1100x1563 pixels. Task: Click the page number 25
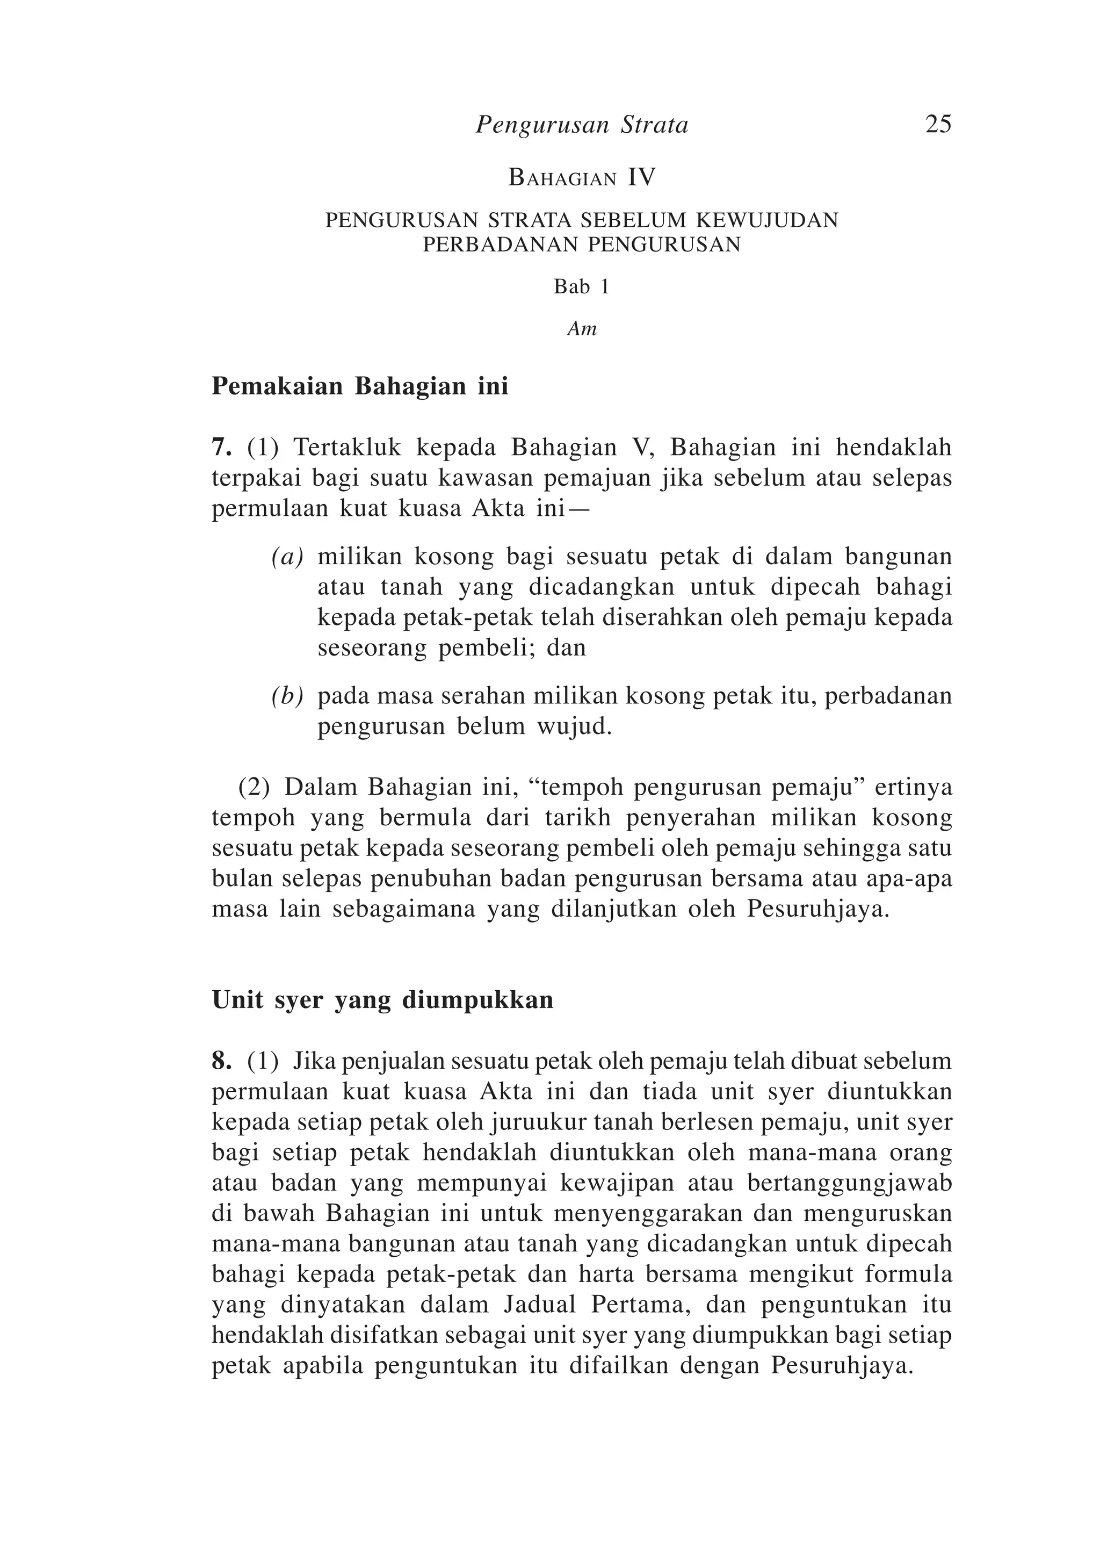click(x=938, y=125)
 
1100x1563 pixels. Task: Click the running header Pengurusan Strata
click(x=582, y=125)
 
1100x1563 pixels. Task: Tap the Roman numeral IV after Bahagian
click(x=641, y=178)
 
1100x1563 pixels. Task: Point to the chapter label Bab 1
click(x=581, y=287)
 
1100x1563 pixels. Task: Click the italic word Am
click(x=582, y=329)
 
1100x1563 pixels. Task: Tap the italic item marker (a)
click(x=287, y=558)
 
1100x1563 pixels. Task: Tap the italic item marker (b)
click(x=287, y=696)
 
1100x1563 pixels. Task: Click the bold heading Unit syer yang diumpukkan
click(x=382, y=1000)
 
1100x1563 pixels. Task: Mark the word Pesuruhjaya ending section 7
click(x=818, y=910)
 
